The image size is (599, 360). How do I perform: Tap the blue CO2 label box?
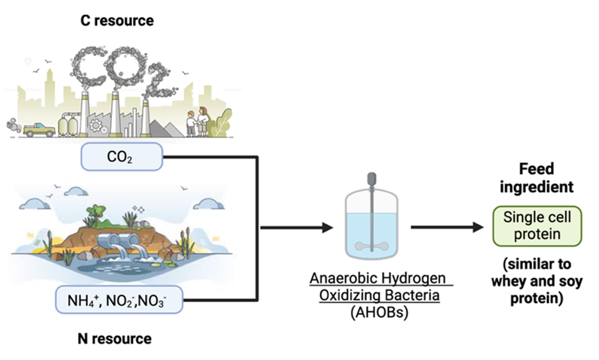coord(121,158)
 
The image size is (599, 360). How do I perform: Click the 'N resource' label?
coord(115,339)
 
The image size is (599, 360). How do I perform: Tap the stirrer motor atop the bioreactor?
coord(371,180)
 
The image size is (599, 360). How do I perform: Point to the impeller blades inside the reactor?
coord(372,243)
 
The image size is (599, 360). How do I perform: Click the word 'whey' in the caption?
coord(507,283)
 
